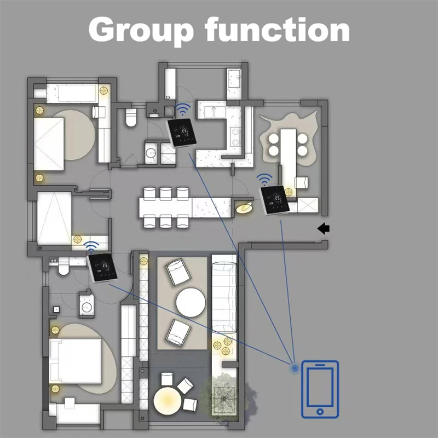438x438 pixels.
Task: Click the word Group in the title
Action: [x=141, y=31]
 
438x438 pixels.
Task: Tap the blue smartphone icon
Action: [x=320, y=389]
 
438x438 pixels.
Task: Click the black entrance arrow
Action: [x=324, y=228]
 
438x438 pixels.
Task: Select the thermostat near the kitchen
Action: [x=182, y=132]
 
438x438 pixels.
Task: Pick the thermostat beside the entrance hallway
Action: [x=275, y=200]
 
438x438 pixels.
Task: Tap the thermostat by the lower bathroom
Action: [x=102, y=268]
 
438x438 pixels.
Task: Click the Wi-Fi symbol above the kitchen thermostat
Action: [x=183, y=109]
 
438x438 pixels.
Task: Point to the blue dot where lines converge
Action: [x=295, y=368]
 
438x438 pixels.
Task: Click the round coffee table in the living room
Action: [x=191, y=303]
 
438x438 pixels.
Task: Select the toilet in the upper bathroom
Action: [x=131, y=117]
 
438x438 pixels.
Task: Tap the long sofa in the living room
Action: [x=224, y=297]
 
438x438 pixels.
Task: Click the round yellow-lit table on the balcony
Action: [x=168, y=400]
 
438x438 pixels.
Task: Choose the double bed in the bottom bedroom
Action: [x=75, y=361]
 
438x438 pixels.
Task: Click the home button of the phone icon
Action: [x=320, y=412]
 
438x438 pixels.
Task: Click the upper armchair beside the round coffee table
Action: [x=178, y=272]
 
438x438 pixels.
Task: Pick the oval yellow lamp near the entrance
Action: [x=244, y=208]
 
